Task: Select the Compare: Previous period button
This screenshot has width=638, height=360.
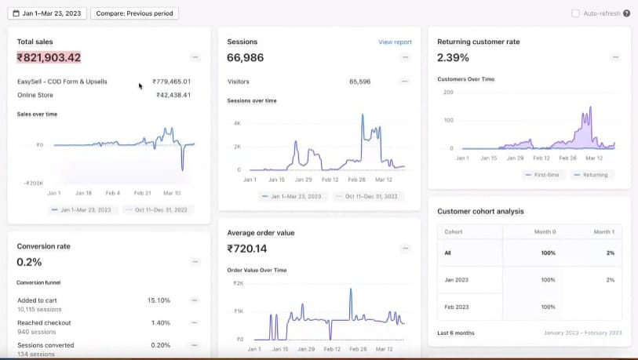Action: [x=134, y=13]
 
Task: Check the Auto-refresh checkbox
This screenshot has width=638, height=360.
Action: [x=576, y=13]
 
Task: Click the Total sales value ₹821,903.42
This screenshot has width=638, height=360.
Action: [x=49, y=57]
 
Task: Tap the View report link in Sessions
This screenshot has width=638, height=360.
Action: [x=395, y=42]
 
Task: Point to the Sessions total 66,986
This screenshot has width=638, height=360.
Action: [x=245, y=57]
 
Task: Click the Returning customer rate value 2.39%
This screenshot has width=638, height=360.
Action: [x=453, y=57]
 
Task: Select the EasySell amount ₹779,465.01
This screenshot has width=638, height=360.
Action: [x=173, y=82]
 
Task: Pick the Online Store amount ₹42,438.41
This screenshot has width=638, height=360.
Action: [x=173, y=95]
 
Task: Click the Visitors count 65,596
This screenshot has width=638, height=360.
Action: [x=360, y=81]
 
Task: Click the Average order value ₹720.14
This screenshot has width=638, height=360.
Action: [x=246, y=249]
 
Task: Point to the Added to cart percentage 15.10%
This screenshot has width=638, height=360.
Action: [x=159, y=300]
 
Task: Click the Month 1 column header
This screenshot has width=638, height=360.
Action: [x=604, y=231]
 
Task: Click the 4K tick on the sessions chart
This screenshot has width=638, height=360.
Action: [x=237, y=124]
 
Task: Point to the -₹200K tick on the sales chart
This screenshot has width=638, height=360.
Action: [x=32, y=182]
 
